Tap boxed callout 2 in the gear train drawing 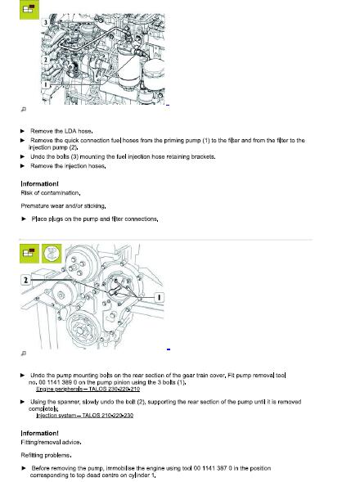point(25,279)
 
